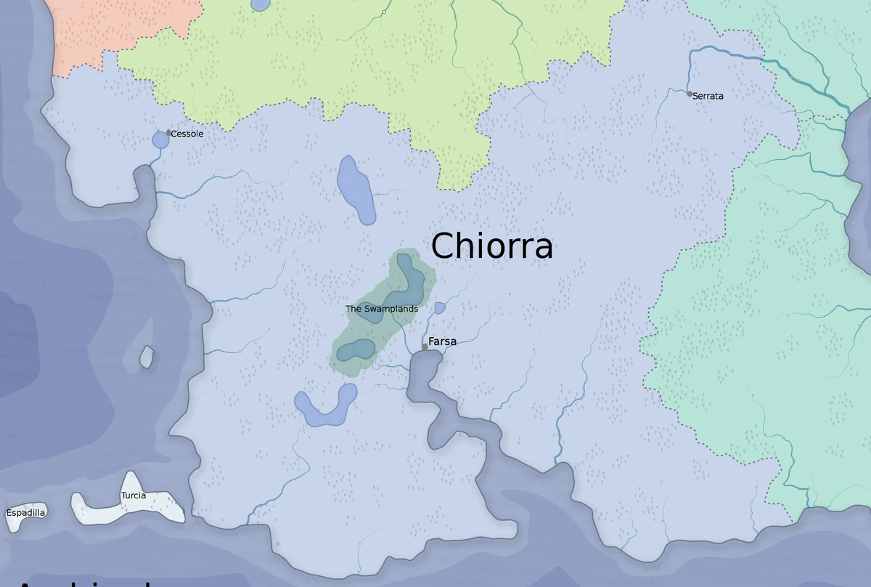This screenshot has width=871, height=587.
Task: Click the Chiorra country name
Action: click(x=491, y=246)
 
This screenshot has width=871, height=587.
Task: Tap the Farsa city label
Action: click(x=442, y=341)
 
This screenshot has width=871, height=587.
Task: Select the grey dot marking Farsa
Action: click(x=425, y=347)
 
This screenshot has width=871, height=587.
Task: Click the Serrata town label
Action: click(x=708, y=96)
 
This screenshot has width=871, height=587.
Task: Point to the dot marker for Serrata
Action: click(x=690, y=94)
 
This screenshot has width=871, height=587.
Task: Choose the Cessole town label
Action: click(x=187, y=134)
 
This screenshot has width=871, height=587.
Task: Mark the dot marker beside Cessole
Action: click(x=168, y=133)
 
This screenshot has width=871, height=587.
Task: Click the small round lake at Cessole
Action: click(x=160, y=140)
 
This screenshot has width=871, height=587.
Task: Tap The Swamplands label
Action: click(x=382, y=309)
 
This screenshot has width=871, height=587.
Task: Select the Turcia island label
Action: click(x=134, y=495)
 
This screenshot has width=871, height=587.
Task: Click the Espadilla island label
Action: click(x=25, y=513)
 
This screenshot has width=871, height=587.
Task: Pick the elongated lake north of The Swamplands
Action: click(x=356, y=190)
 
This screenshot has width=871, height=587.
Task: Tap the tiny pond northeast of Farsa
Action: click(x=439, y=308)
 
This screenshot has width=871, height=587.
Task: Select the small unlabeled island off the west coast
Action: click(x=147, y=357)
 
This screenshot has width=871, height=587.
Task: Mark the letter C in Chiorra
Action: click(x=444, y=246)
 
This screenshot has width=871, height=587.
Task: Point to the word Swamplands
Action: click(x=391, y=309)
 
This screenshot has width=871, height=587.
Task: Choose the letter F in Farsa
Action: click(x=432, y=341)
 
